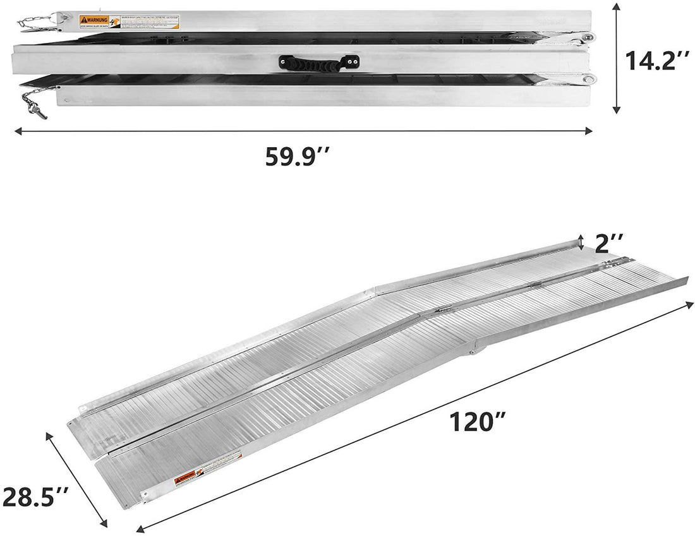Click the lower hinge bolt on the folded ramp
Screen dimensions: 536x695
[588, 80]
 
